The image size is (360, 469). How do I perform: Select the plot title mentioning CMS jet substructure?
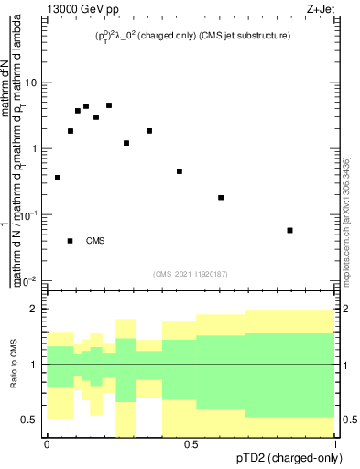192,36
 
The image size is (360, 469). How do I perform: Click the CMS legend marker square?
71,241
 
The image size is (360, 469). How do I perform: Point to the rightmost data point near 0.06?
289,230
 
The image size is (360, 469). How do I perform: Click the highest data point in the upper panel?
109,105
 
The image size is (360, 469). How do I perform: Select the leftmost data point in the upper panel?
58,178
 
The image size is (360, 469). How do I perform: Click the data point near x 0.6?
221,197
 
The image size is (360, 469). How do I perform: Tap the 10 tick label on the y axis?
30,83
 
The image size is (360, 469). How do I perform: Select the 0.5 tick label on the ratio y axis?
30,420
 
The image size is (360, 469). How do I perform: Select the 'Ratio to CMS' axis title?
13,365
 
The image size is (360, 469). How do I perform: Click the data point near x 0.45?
180,171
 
